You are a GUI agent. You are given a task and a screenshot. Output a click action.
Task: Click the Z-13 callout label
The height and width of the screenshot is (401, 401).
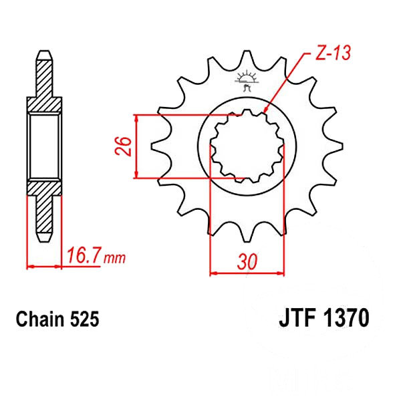tap(333, 53)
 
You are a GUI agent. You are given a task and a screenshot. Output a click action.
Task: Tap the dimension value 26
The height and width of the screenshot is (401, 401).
tap(123, 146)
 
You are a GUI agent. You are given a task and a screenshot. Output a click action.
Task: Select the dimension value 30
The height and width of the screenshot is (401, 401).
tap(247, 261)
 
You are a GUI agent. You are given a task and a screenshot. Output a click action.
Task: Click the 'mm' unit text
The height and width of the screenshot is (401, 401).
tap(114, 258)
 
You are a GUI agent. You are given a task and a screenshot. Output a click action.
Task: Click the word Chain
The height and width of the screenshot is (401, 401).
tap(40, 319)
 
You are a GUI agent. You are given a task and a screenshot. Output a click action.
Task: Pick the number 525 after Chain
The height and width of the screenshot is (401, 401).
tap(84, 319)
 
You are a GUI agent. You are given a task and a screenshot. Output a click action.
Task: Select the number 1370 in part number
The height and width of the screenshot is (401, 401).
tap(346, 318)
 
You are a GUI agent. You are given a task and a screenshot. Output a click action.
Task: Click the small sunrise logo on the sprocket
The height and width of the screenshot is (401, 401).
tap(246, 80)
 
